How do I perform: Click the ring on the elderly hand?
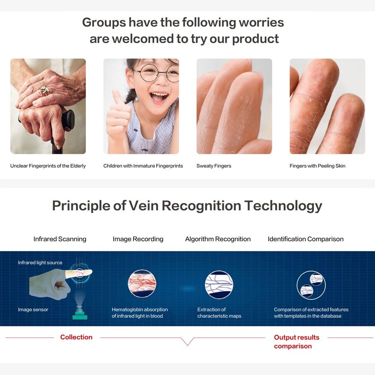click(45, 90)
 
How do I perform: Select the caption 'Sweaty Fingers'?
click(214, 166)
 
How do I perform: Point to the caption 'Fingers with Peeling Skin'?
click(317, 166)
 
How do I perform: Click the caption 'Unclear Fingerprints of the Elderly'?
click(48, 166)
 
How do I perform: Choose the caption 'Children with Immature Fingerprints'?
click(143, 166)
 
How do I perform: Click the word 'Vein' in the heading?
click(143, 205)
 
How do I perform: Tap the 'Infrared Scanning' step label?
click(60, 239)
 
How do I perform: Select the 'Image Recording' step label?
click(138, 239)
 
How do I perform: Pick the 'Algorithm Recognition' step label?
click(218, 239)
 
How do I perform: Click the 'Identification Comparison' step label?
click(306, 239)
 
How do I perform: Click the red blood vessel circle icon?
click(142, 283)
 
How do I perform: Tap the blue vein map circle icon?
click(219, 285)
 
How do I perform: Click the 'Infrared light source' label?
click(40, 262)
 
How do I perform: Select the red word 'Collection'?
click(76, 337)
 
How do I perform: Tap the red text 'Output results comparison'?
click(297, 342)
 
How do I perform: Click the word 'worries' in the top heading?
click(261, 22)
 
